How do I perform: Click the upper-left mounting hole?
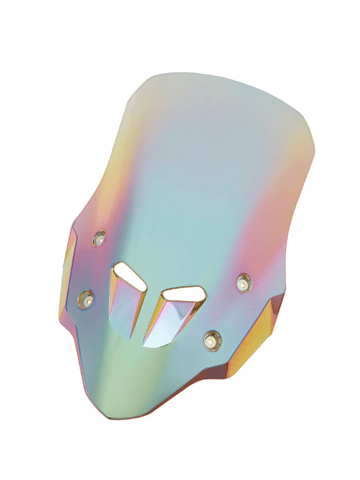[x=99, y=238]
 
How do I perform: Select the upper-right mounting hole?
[x=244, y=283]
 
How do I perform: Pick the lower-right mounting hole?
[x=212, y=341]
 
